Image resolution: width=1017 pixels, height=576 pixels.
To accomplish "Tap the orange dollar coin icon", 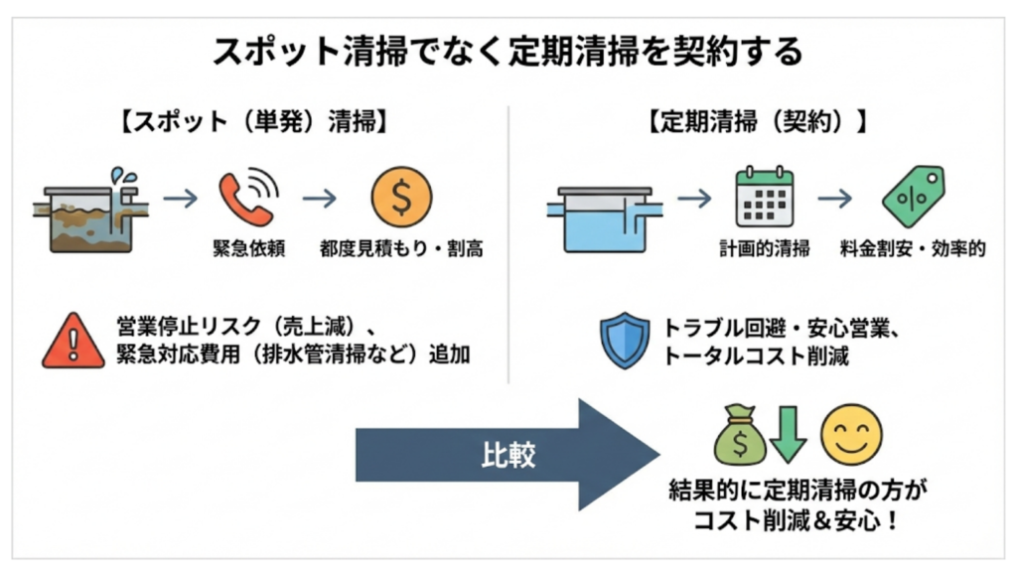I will pyautogui.click(x=401, y=197).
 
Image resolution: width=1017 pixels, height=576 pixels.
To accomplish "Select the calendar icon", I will pyautogui.click(x=764, y=197).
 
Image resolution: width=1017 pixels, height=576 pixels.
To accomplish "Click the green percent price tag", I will pyautogui.click(x=913, y=196).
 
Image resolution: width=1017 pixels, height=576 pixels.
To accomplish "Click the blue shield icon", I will pyautogui.click(x=626, y=341).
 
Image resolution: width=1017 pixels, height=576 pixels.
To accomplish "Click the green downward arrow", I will pyautogui.click(x=788, y=435).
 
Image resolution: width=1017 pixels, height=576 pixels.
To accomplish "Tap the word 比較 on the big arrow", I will pyautogui.click(x=508, y=455).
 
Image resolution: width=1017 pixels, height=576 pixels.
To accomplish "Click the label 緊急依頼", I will pyautogui.click(x=249, y=248).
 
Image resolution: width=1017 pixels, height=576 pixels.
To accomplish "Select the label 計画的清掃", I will pyautogui.click(x=764, y=248).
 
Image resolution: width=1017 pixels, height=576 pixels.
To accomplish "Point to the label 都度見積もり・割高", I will pyautogui.click(x=401, y=248).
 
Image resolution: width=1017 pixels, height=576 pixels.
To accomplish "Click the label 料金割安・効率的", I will pyautogui.click(x=913, y=248).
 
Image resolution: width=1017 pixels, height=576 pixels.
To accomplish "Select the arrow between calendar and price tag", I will pyautogui.click(x=835, y=199).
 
